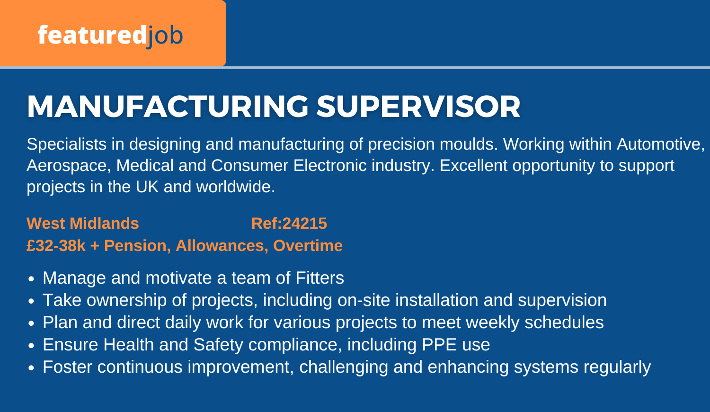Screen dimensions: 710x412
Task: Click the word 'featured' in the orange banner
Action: coord(92,35)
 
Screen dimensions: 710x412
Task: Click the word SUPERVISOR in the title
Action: coord(418,107)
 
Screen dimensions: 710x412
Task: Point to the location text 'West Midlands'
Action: coord(83,224)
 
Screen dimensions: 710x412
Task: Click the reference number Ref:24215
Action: coord(289,224)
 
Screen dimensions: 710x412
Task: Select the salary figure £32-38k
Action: coord(56,245)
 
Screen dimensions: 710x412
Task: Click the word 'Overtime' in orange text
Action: coord(308,245)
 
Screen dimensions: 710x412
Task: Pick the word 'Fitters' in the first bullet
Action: coord(319,278)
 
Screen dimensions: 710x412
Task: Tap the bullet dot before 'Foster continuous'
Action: coord(31,368)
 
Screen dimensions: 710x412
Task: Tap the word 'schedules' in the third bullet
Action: coord(564,322)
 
